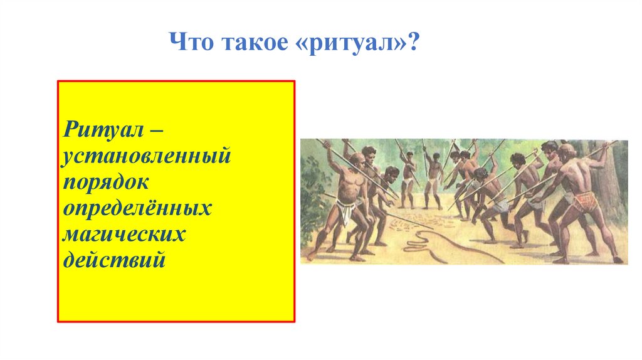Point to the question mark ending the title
pos(414,41)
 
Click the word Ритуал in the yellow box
pos(103,130)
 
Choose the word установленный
pos(146,157)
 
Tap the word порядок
pos(105,183)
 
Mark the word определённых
pos(137,208)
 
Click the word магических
pos(124,235)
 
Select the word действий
pos(114,259)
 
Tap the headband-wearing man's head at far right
pos(567,151)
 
